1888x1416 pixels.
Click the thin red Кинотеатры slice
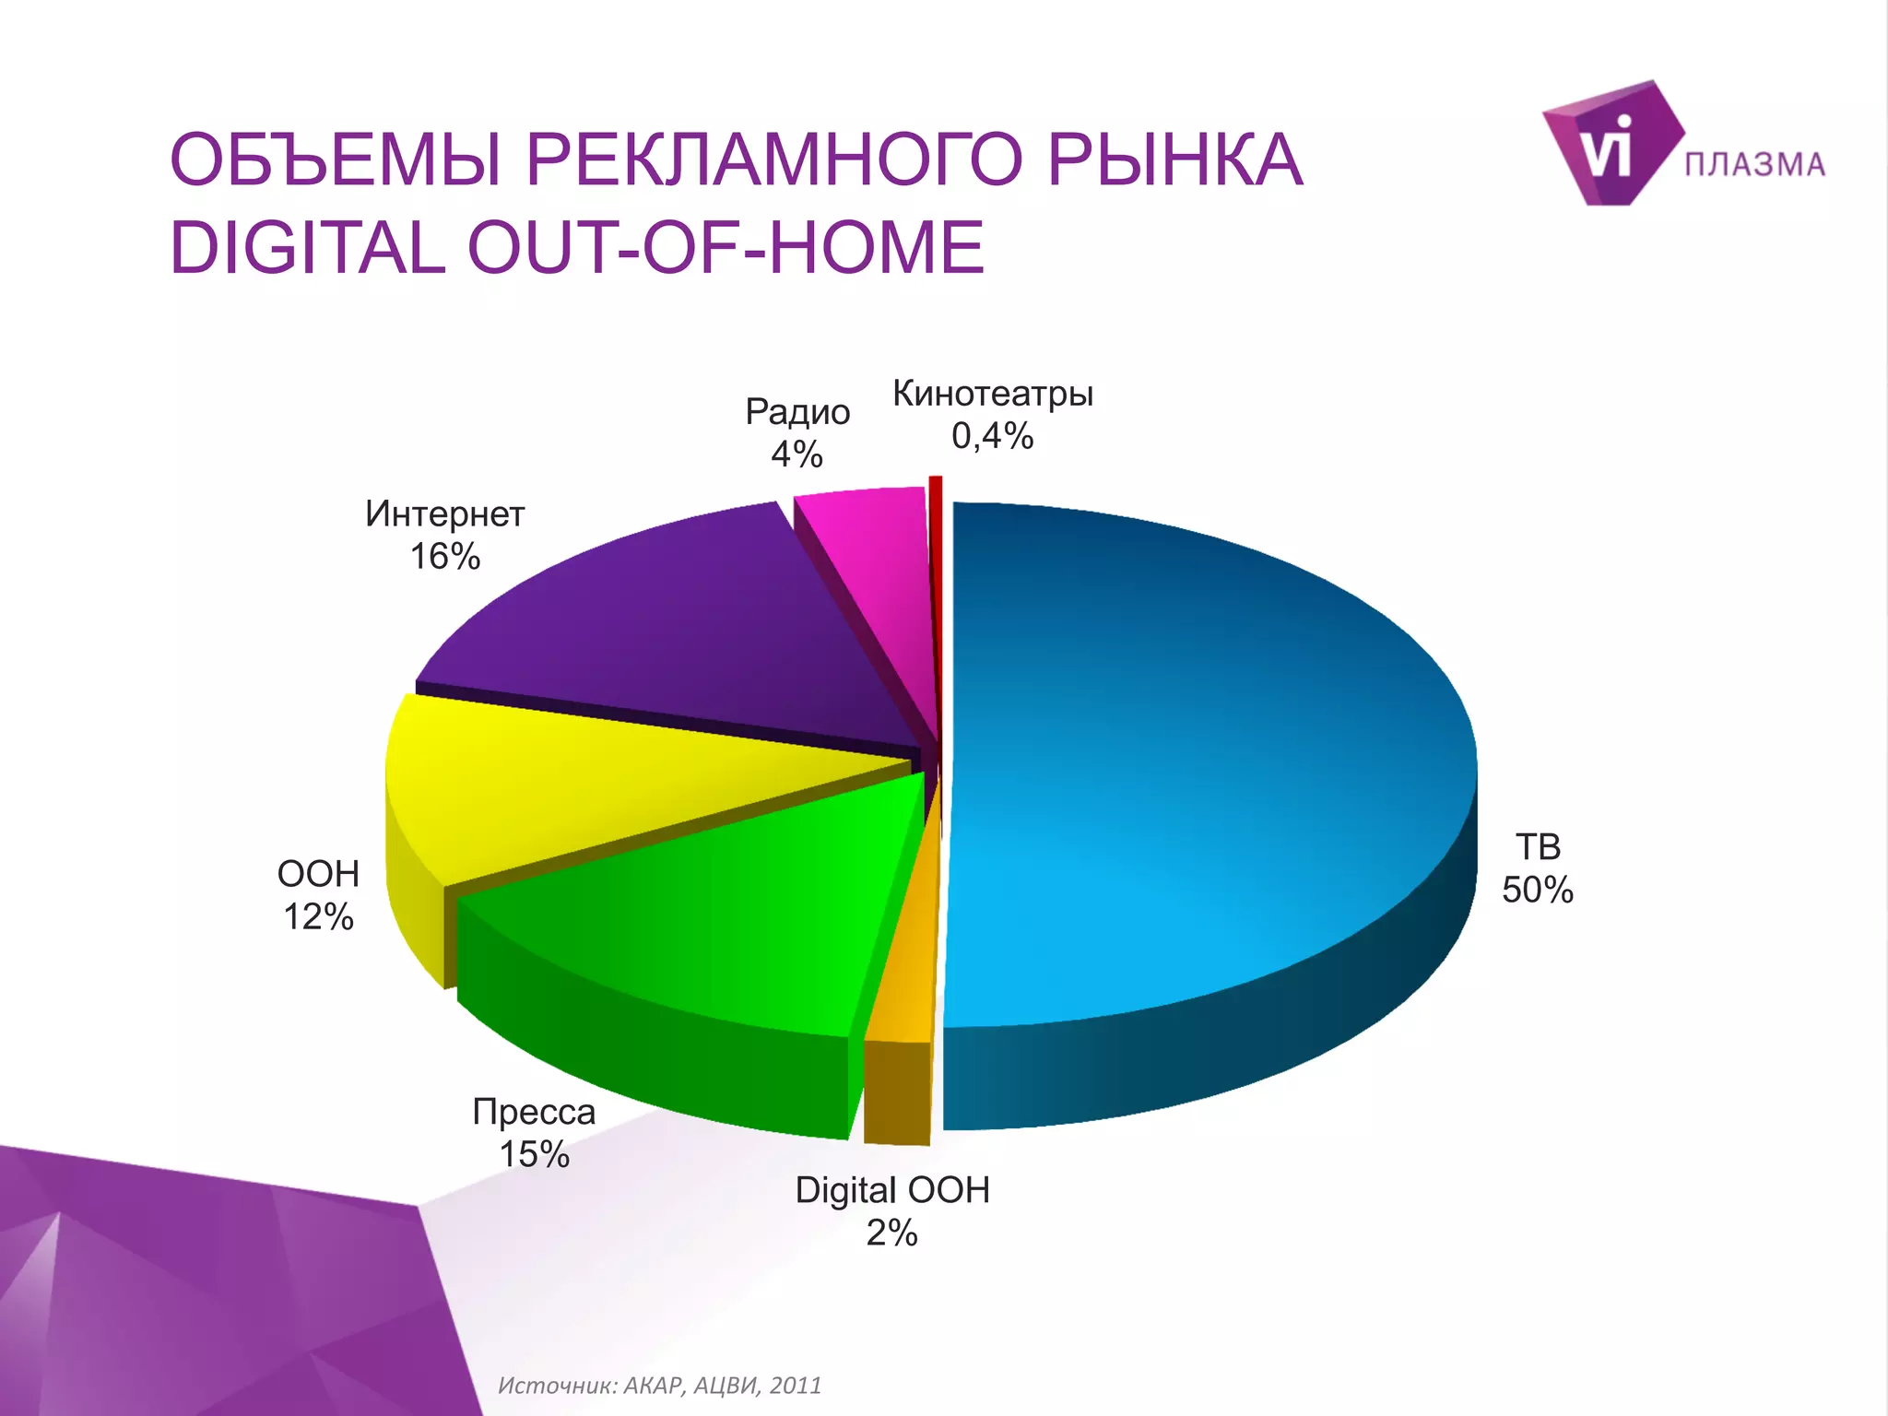[x=936, y=516]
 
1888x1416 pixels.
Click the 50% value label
[x=1537, y=891]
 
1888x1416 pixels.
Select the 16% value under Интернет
[x=445, y=557]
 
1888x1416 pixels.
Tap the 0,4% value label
[x=992, y=436]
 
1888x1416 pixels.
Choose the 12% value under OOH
[x=318, y=917]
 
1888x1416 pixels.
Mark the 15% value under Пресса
[x=534, y=1154]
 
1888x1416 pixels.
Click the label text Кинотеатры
[x=993, y=394]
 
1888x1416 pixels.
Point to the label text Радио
[x=797, y=412]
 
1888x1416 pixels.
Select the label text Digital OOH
[x=892, y=1190]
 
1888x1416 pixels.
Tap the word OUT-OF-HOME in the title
[x=726, y=248]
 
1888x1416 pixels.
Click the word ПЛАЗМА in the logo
[x=1754, y=165]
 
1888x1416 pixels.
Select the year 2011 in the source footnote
[x=795, y=1386]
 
